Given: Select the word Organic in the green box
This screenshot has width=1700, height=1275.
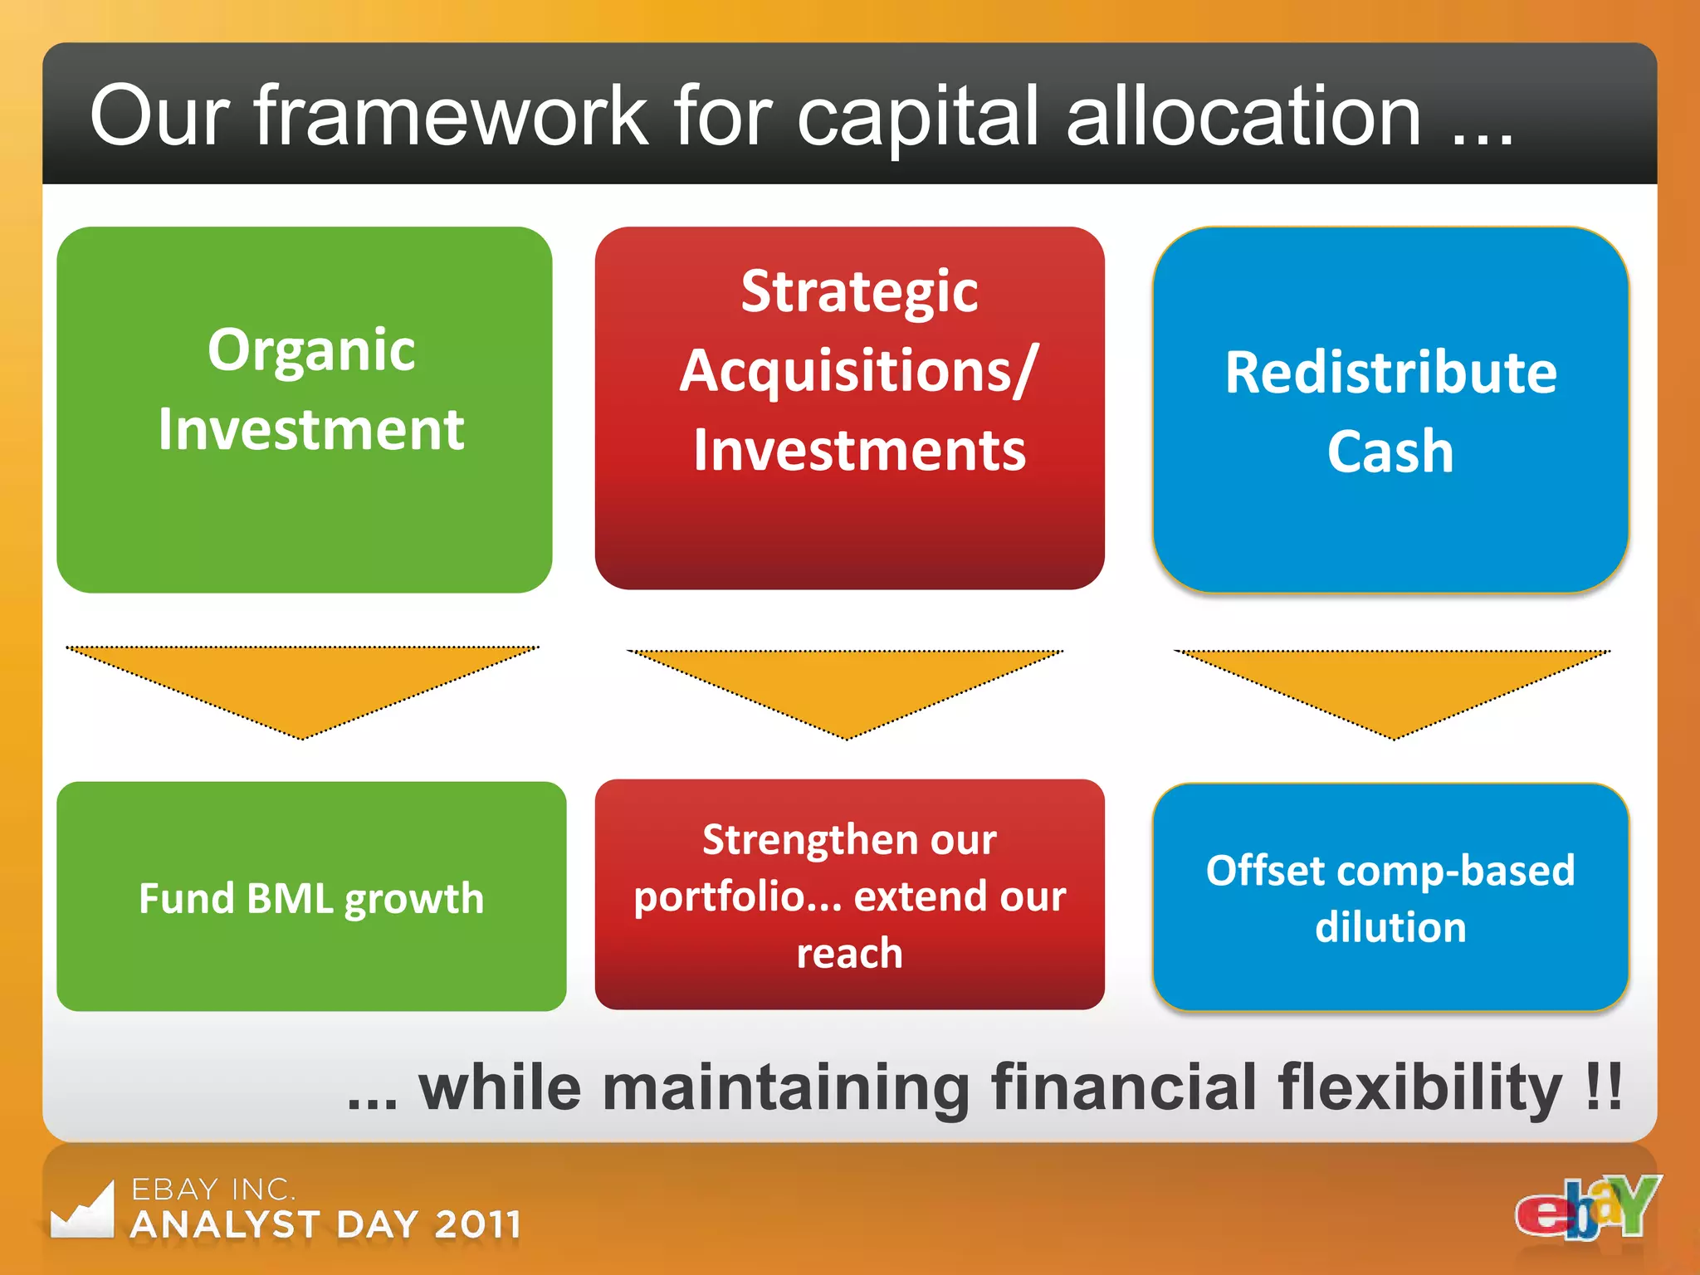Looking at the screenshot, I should (x=311, y=349).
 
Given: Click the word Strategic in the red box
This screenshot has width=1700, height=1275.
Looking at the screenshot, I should (x=859, y=292).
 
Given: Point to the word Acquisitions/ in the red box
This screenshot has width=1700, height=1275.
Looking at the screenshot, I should (x=859, y=371).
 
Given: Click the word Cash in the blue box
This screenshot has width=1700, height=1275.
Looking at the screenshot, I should (x=1390, y=452).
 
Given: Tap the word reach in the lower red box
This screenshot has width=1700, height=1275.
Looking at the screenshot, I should (x=849, y=953).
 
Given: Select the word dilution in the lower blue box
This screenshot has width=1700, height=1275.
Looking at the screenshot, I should (x=1390, y=927).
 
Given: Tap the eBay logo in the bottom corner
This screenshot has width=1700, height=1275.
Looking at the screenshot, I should (x=1587, y=1208).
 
